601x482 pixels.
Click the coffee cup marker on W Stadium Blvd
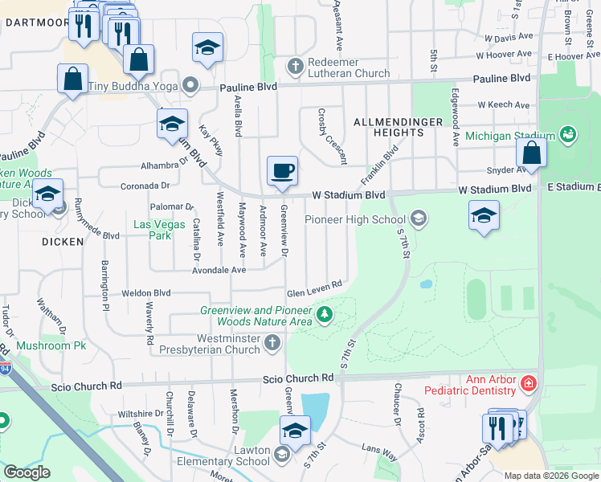pyautogui.click(x=282, y=171)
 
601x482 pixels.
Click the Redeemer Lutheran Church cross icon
pyautogui.click(x=296, y=65)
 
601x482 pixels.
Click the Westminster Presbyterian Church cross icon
pyautogui.click(x=272, y=344)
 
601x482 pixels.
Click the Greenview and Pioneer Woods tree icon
pyautogui.click(x=325, y=314)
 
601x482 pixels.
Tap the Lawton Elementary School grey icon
pyautogui.click(x=281, y=455)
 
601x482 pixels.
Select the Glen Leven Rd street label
pyautogui.click(x=315, y=286)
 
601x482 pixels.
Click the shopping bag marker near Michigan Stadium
pyautogui.click(x=531, y=153)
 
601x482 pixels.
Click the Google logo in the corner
pyautogui.click(x=27, y=472)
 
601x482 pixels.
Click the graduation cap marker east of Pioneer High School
pyautogui.click(x=483, y=215)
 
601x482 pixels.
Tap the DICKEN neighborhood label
pyautogui.click(x=63, y=241)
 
